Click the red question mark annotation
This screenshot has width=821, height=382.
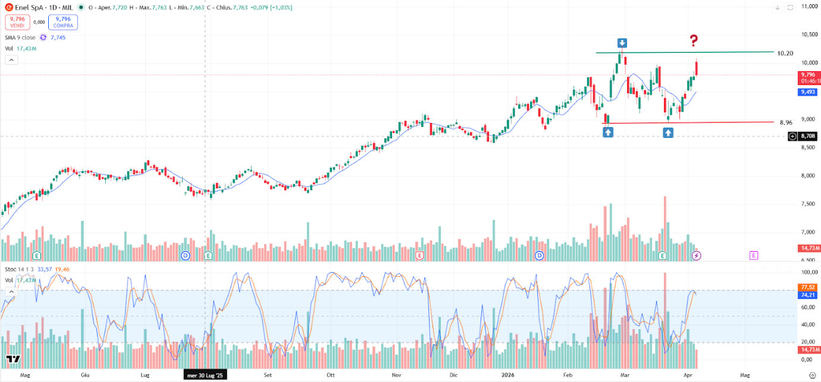(x=694, y=41)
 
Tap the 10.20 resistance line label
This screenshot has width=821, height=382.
(x=785, y=53)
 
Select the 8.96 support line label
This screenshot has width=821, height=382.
(x=785, y=123)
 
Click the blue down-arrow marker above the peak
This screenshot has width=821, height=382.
(x=622, y=43)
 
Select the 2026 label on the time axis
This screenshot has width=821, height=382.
(x=508, y=375)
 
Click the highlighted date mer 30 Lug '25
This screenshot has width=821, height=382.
(x=205, y=375)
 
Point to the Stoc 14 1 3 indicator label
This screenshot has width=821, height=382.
(x=19, y=269)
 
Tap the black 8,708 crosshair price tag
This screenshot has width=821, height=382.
(x=807, y=136)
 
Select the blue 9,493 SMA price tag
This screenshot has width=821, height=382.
(x=807, y=92)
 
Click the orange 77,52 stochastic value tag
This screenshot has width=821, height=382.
(x=807, y=287)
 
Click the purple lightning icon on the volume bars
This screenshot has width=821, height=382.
(x=697, y=255)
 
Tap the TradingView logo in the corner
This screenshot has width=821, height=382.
(x=14, y=359)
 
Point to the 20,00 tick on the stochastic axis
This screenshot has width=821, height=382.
(x=806, y=342)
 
